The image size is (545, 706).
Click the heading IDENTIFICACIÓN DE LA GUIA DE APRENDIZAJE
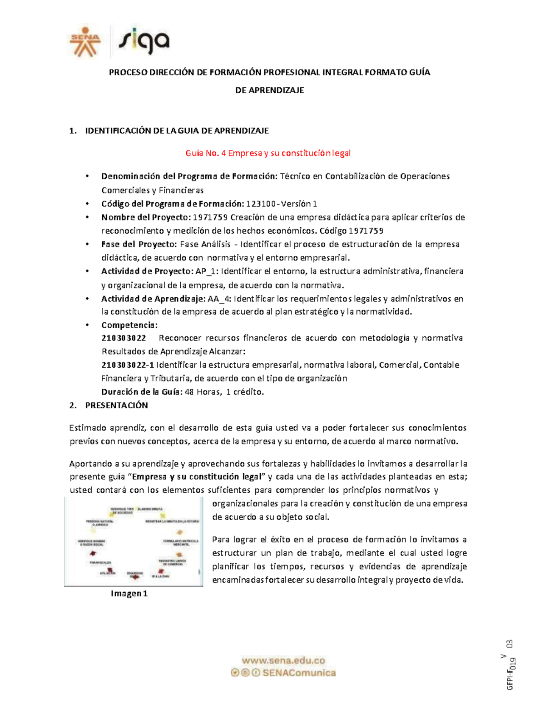tap(177, 131)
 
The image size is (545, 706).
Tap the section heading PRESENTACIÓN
tap(116, 406)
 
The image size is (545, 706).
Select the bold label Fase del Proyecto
tap(139, 244)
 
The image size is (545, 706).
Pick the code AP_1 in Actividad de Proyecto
tap(207, 271)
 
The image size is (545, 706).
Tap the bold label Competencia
tap(129, 325)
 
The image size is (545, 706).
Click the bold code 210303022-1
tap(128, 365)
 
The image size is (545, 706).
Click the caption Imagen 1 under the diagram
tap(129, 593)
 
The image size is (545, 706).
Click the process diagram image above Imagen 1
tap(134, 541)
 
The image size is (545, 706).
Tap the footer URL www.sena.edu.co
tap(283, 661)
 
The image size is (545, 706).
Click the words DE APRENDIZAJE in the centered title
tap(269, 90)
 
